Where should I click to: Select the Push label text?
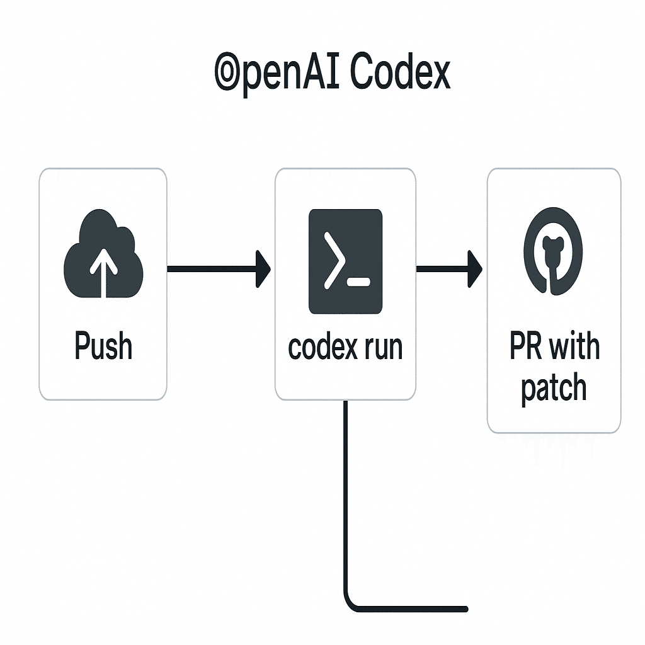pyautogui.click(x=103, y=346)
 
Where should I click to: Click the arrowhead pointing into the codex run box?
pyautogui.click(x=263, y=269)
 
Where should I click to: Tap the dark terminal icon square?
pyautogui.click(x=345, y=261)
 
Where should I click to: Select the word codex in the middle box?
pyautogui.click(x=322, y=347)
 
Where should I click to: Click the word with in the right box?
pyautogui.click(x=574, y=347)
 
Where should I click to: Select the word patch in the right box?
pyautogui.click(x=554, y=387)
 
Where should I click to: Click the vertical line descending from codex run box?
pyautogui.click(x=346, y=491)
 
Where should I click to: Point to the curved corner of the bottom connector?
pyautogui.click(x=350, y=603)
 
